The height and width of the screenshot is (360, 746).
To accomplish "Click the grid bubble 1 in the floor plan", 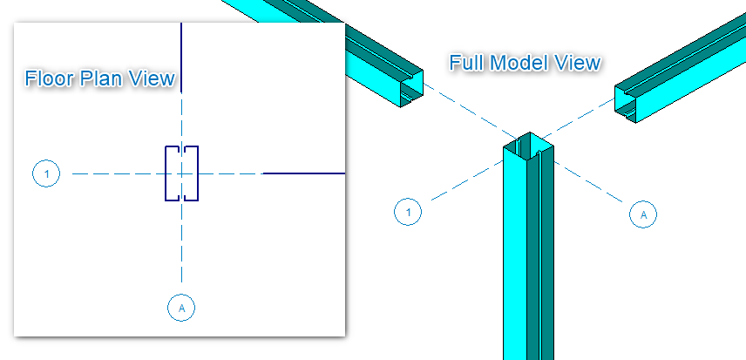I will (x=46, y=174).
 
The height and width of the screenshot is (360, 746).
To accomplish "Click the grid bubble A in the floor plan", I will (x=181, y=307).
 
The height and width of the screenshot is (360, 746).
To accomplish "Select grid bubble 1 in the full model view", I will (x=408, y=211).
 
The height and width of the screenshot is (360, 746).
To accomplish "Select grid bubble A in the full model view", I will (x=643, y=213).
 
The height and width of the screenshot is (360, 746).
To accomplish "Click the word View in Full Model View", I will (x=579, y=63).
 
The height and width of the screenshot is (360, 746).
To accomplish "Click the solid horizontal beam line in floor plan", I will (x=305, y=173).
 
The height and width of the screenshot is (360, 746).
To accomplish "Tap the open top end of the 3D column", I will (x=529, y=145).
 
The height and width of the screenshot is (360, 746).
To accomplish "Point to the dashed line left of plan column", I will (x=113, y=174).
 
